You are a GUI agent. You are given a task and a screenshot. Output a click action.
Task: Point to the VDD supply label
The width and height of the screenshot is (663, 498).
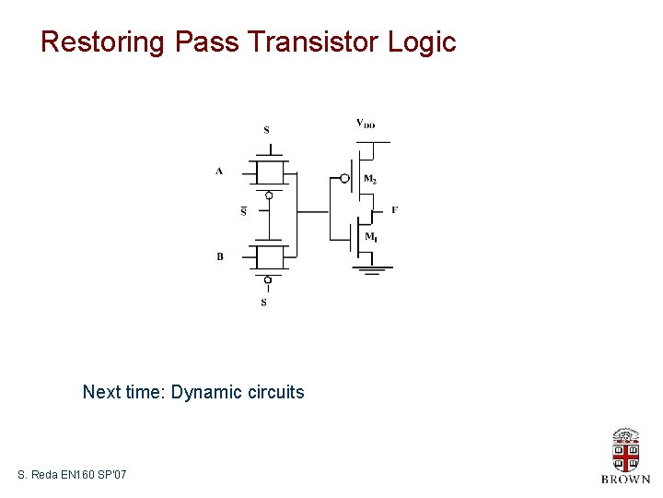(x=366, y=124)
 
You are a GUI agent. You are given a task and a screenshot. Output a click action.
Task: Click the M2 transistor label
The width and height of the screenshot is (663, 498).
(x=370, y=180)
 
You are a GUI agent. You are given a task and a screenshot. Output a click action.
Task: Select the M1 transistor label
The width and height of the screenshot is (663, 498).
(x=370, y=238)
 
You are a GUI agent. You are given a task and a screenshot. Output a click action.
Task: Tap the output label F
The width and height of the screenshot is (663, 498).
(x=394, y=210)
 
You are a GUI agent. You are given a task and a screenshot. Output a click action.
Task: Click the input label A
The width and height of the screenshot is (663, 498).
(x=219, y=171)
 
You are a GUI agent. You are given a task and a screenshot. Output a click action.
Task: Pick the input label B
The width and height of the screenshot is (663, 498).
(x=220, y=256)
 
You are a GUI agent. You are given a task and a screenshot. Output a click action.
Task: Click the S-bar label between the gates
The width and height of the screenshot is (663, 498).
(x=244, y=211)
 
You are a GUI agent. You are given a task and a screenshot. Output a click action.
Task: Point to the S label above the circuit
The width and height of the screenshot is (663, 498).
(x=267, y=130)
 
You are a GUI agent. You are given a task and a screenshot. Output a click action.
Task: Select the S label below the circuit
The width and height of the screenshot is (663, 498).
(x=264, y=302)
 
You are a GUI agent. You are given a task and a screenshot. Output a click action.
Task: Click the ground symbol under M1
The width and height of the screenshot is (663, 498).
(x=372, y=269)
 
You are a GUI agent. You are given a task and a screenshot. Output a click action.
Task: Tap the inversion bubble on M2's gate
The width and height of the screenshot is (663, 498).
(x=344, y=178)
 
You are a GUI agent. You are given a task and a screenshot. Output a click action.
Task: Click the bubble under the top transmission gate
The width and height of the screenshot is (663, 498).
(x=268, y=196)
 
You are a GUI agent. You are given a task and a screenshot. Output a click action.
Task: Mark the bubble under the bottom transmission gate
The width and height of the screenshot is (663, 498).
(x=268, y=279)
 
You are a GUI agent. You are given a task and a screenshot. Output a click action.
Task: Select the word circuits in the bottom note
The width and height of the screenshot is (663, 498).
(x=275, y=392)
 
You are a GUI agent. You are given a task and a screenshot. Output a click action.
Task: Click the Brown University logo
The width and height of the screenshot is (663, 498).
(x=625, y=455)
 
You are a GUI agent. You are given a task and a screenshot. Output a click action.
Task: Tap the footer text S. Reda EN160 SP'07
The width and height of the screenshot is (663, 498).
(x=72, y=474)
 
